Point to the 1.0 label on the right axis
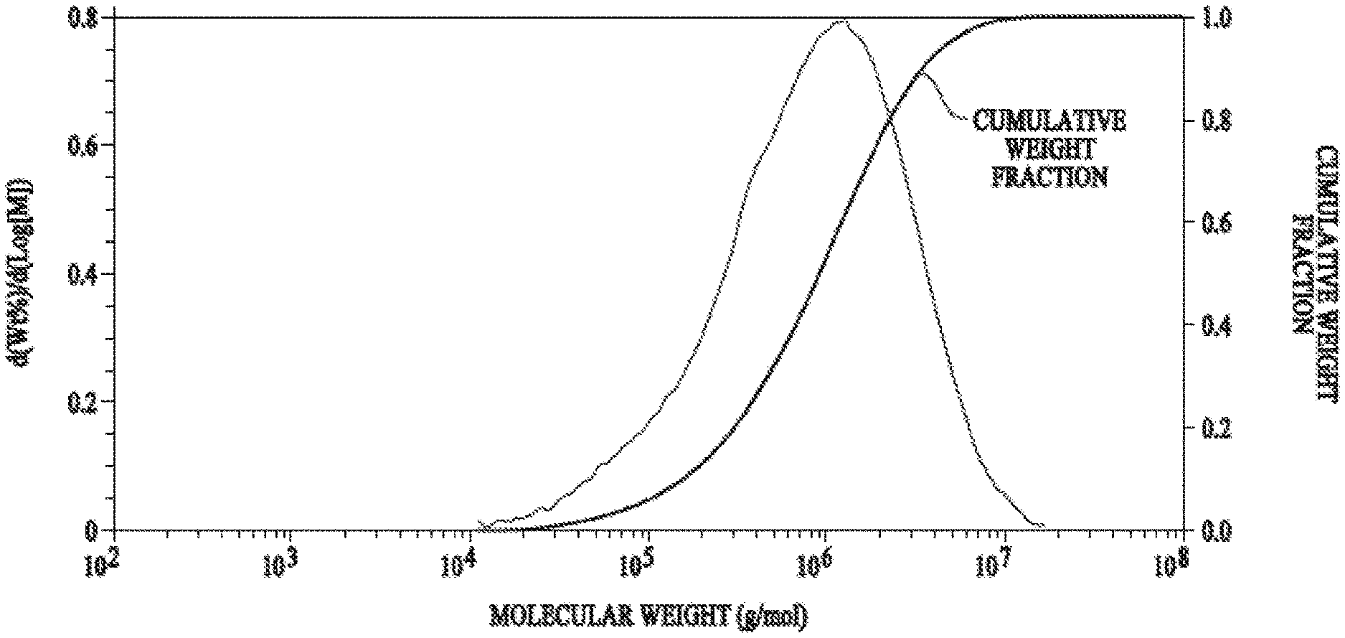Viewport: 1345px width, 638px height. [1214, 17]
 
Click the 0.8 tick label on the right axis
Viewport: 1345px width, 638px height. [1214, 120]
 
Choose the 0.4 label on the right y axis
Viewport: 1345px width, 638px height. [1214, 325]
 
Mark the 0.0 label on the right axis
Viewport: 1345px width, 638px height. [1214, 530]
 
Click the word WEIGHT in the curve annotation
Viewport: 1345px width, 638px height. [1049, 149]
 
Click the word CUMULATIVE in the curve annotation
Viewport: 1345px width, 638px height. [1049, 121]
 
